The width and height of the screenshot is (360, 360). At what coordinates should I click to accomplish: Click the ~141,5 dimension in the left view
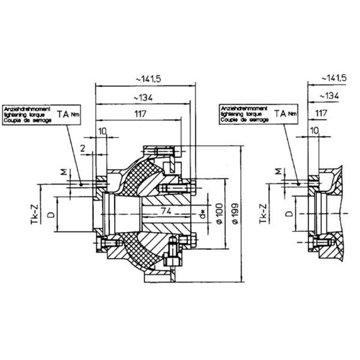click(x=143, y=80)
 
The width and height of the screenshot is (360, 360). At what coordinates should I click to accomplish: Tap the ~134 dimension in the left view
click(x=142, y=97)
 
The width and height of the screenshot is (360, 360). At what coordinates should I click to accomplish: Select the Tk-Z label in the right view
click(x=263, y=213)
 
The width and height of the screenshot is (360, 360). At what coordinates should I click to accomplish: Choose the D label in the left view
click(x=50, y=214)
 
